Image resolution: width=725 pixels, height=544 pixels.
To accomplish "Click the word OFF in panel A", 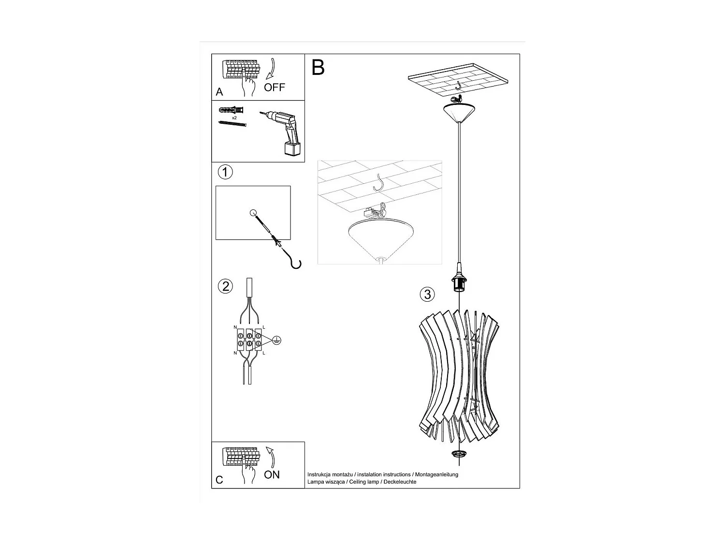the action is tap(274, 88).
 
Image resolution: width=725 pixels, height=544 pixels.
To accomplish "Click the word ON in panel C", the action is tap(272, 474).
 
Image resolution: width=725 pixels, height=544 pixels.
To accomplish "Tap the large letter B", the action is tap(318, 68).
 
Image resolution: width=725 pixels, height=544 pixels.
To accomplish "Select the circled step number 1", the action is tap(225, 172).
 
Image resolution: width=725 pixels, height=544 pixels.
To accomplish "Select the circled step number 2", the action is tap(225, 286).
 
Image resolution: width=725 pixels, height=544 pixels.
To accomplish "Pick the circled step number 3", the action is tap(427, 294).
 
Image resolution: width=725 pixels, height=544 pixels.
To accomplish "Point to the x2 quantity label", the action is tap(234, 118).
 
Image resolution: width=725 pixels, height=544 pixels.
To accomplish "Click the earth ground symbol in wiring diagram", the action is tap(276, 339).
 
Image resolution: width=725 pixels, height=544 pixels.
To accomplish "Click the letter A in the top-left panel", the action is tap(219, 92).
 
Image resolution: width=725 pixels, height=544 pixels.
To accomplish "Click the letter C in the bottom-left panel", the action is tap(219, 480).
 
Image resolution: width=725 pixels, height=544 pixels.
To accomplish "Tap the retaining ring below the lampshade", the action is tap(457, 454).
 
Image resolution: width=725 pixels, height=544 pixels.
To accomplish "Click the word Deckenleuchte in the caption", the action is tap(400, 482).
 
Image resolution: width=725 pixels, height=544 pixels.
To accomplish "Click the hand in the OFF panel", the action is tap(249, 87).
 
